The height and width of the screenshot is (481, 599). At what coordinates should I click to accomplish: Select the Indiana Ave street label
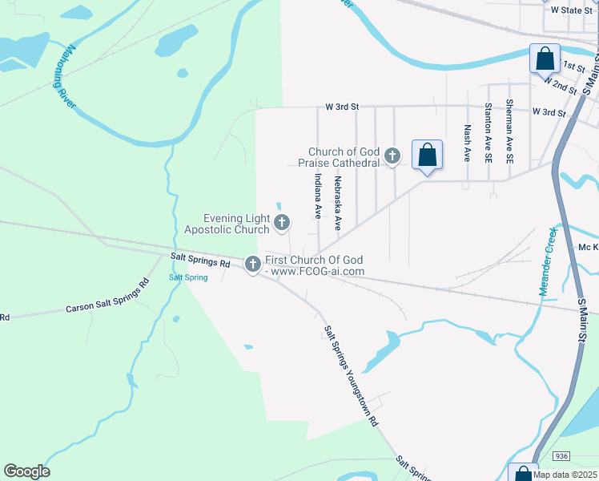click(318, 196)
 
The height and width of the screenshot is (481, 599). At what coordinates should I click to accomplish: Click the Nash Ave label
click(467, 143)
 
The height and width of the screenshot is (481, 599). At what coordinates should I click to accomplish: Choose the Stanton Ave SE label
click(488, 133)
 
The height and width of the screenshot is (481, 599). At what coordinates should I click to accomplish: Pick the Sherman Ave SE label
click(509, 132)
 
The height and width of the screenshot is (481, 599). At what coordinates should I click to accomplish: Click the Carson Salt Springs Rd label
click(108, 297)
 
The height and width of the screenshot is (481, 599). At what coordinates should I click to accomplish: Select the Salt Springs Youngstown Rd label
click(351, 375)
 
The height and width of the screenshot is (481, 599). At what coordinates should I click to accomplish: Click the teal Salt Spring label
click(188, 277)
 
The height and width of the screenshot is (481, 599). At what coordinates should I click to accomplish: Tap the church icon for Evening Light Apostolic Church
click(282, 223)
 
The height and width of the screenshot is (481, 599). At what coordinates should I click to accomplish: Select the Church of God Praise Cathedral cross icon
click(392, 156)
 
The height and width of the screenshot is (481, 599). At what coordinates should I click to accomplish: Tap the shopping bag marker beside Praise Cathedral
click(427, 154)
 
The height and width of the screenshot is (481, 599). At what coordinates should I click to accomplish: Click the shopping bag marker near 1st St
click(545, 59)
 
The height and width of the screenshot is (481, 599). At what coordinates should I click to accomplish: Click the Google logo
click(26, 471)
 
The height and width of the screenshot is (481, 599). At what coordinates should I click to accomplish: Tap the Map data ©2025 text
click(565, 475)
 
